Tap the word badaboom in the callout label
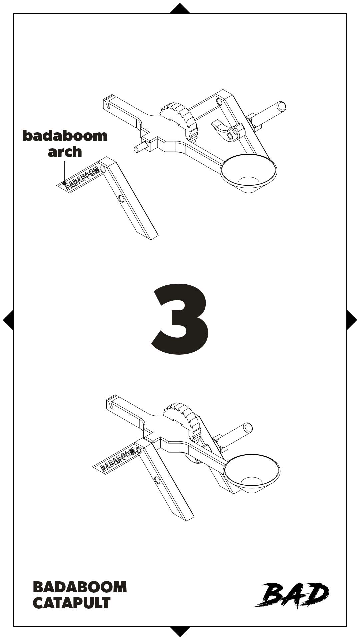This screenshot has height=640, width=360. click(65, 136)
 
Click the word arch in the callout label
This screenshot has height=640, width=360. click(65, 152)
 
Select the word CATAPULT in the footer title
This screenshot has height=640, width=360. click(72, 603)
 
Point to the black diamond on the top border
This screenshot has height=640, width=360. click(180, 9)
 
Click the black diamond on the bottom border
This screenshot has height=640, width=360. click(180, 631)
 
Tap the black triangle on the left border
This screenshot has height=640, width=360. click(9, 320)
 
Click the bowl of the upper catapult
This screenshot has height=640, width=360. click(249, 173)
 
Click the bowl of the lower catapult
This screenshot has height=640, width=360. click(252, 473)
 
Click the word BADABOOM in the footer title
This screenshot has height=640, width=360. click(80, 587)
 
